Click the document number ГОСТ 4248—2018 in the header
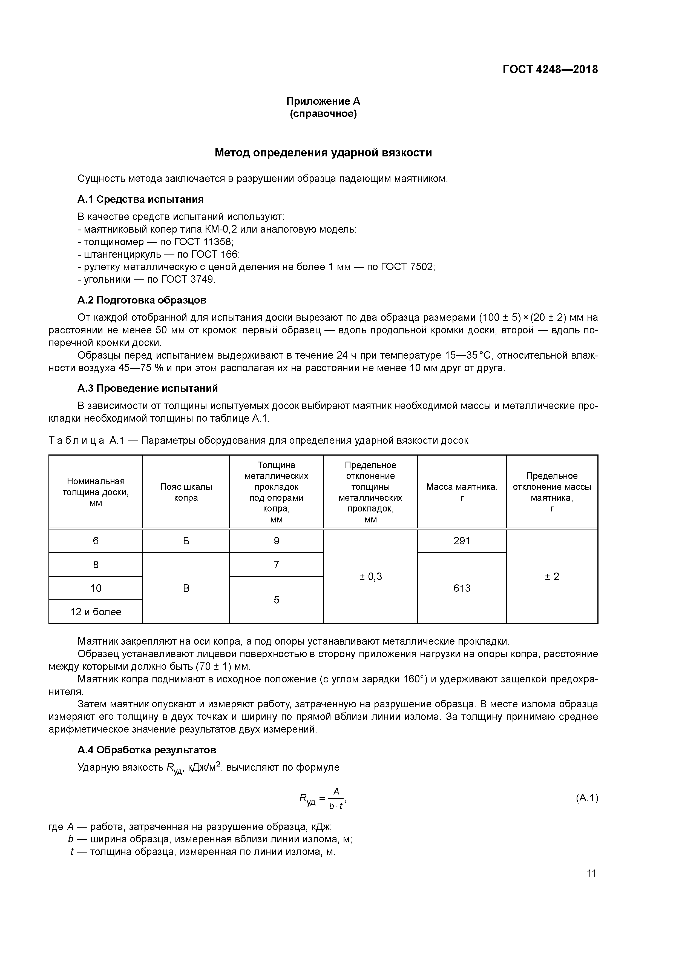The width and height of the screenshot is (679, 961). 550,70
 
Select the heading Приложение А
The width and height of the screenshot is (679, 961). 323,101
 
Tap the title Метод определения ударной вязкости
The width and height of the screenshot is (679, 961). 323,153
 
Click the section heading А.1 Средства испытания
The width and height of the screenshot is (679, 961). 140,199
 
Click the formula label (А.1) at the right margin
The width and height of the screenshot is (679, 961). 586,798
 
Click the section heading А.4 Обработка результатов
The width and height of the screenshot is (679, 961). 147,750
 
